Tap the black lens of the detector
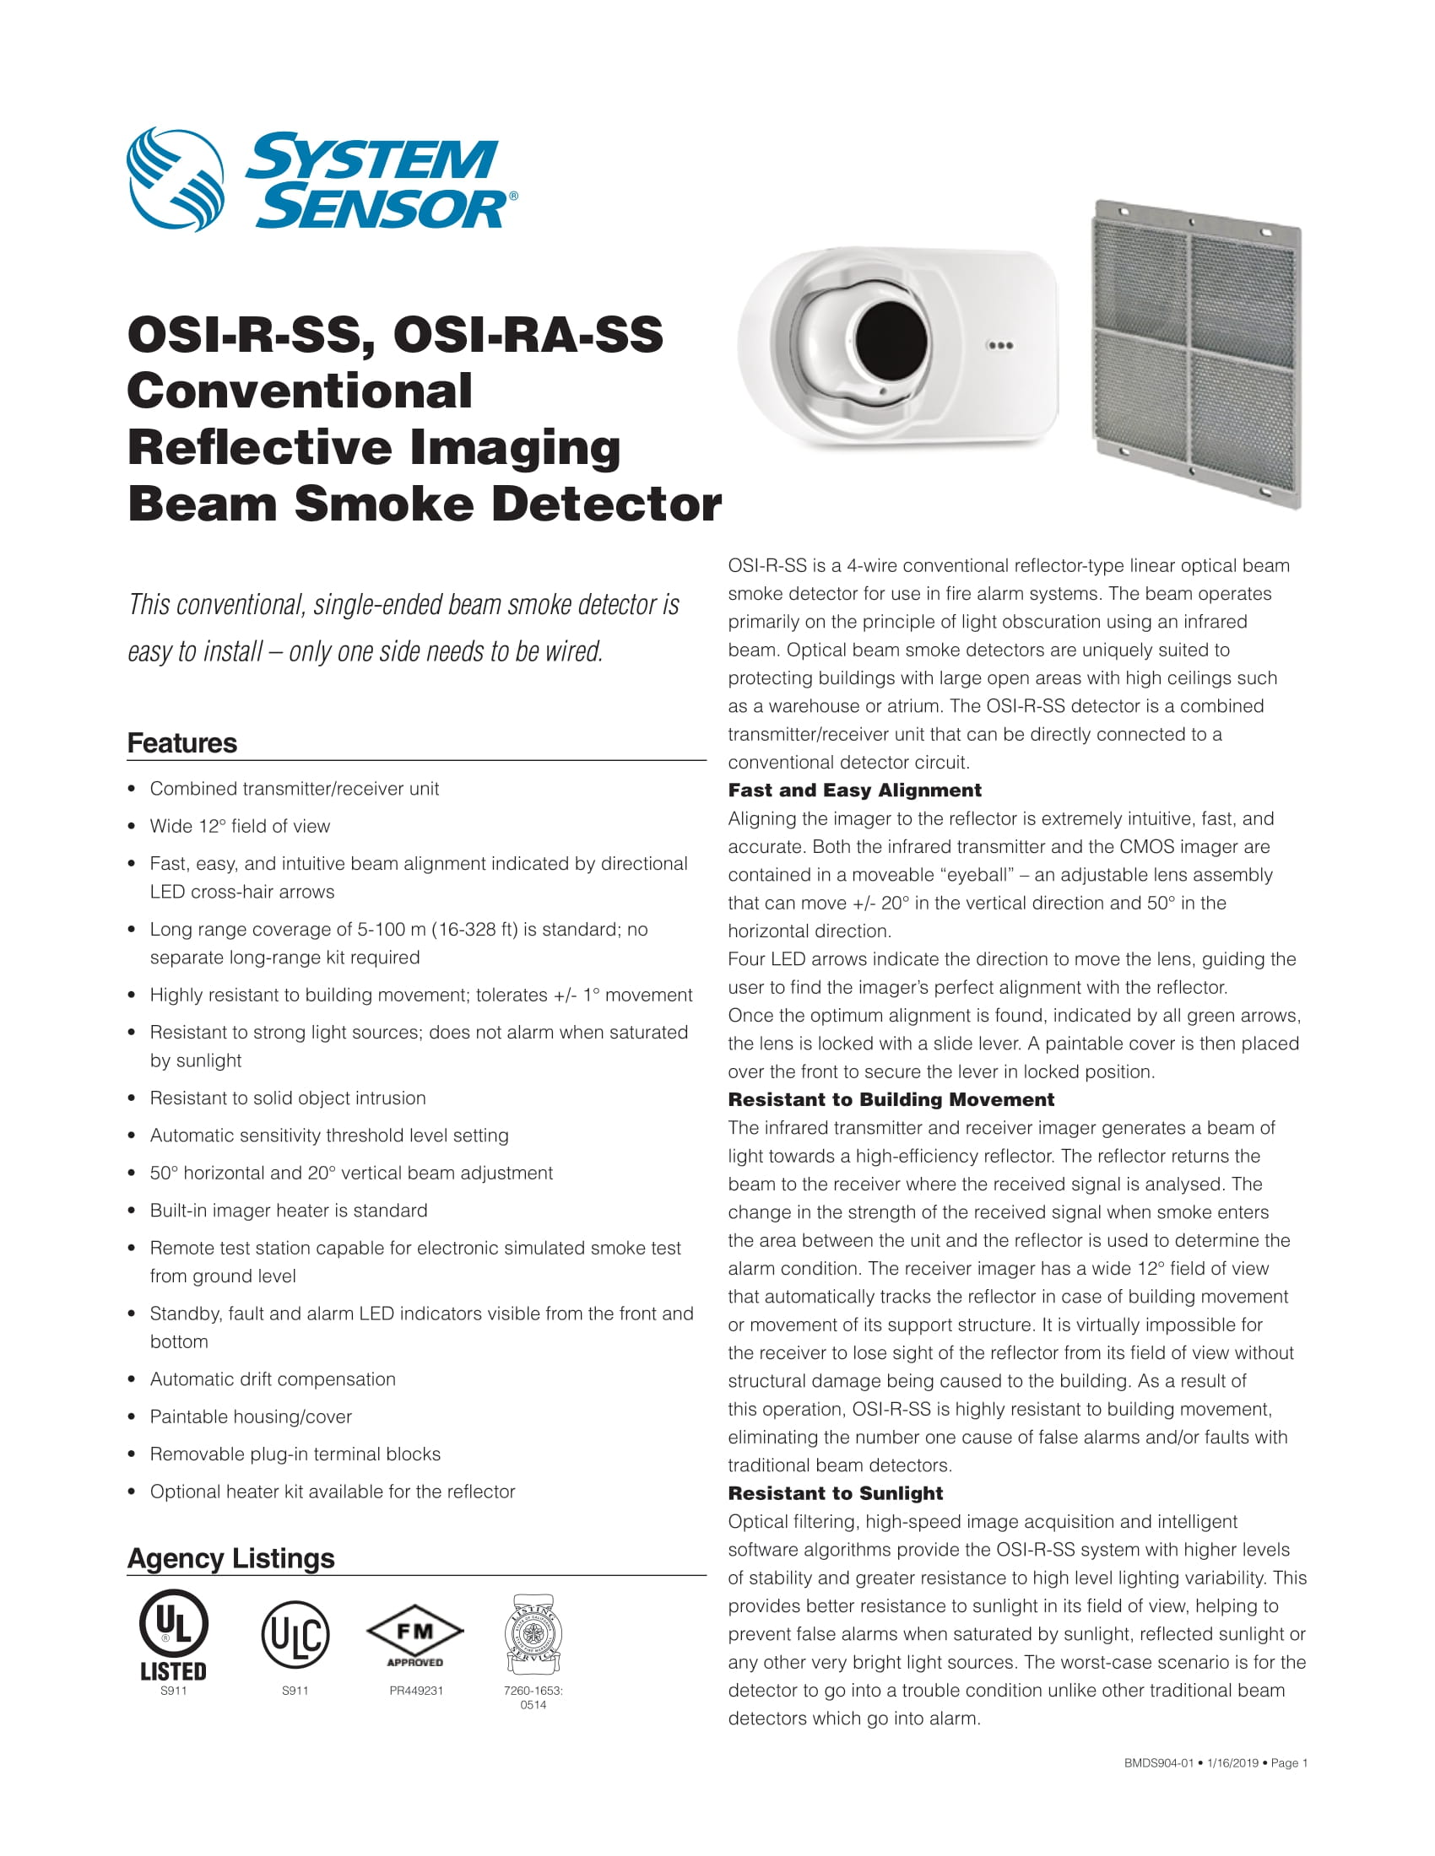tap(890, 343)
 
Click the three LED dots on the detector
tap(999, 346)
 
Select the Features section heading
tap(182, 742)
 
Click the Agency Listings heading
tap(230, 1557)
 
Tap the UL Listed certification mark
tap(173, 1635)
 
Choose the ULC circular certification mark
tap(295, 1633)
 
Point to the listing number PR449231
tap(415, 1691)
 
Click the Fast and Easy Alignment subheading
tap(854, 790)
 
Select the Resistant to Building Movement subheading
tap(890, 1099)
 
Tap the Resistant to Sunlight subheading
tap(835, 1493)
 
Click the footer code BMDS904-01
tap(1159, 1763)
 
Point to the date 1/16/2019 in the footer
tap(1232, 1763)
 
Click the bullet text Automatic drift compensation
tap(272, 1379)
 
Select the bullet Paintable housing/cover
tap(250, 1416)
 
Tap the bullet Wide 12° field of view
tap(240, 826)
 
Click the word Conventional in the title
tap(300, 391)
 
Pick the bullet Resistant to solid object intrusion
tap(287, 1098)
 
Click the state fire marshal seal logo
tap(533, 1635)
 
